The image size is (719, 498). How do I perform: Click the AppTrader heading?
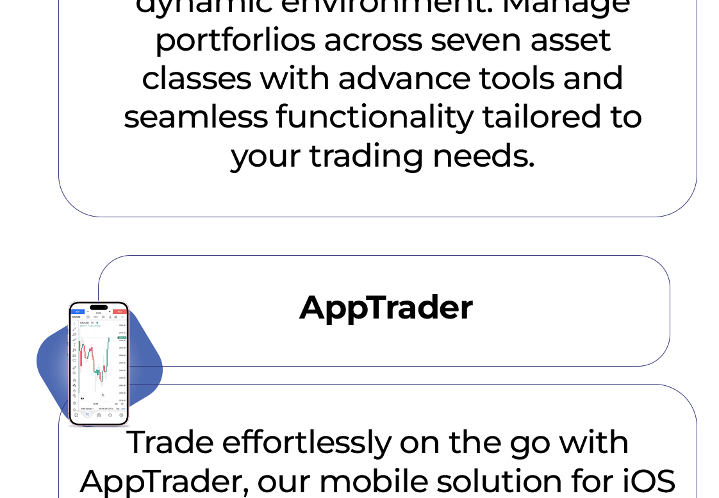385,308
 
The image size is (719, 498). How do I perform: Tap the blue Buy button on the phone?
78,311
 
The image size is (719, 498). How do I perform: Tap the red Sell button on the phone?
120,311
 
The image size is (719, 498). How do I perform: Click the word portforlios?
235,41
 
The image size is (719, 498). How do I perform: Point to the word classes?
196,79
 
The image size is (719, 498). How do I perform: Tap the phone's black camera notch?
99,307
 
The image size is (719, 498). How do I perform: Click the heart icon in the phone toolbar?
74,361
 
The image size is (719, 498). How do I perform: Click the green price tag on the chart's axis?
122,337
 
